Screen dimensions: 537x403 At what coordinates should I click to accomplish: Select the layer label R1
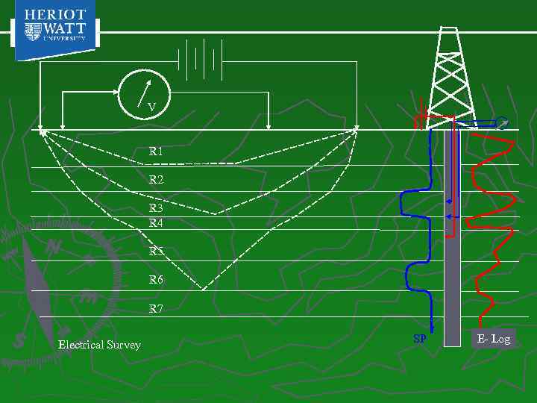pos(156,151)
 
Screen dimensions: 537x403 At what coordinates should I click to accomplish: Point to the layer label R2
pos(156,180)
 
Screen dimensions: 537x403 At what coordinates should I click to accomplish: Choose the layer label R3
pos(156,209)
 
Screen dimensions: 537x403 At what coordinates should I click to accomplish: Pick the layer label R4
pos(156,222)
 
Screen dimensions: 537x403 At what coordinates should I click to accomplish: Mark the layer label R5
pos(156,252)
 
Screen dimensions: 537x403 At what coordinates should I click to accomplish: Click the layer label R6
pos(156,280)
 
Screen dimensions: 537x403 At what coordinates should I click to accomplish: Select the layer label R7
pos(156,308)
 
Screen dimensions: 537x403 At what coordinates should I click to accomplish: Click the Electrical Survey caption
pos(99,345)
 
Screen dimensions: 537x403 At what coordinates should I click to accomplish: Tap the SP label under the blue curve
pos(420,339)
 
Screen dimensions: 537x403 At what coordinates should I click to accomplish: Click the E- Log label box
pos(494,339)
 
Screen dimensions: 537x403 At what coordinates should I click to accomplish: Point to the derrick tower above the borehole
pos(449,71)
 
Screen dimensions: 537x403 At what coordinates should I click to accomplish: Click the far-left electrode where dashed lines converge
pos(41,130)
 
